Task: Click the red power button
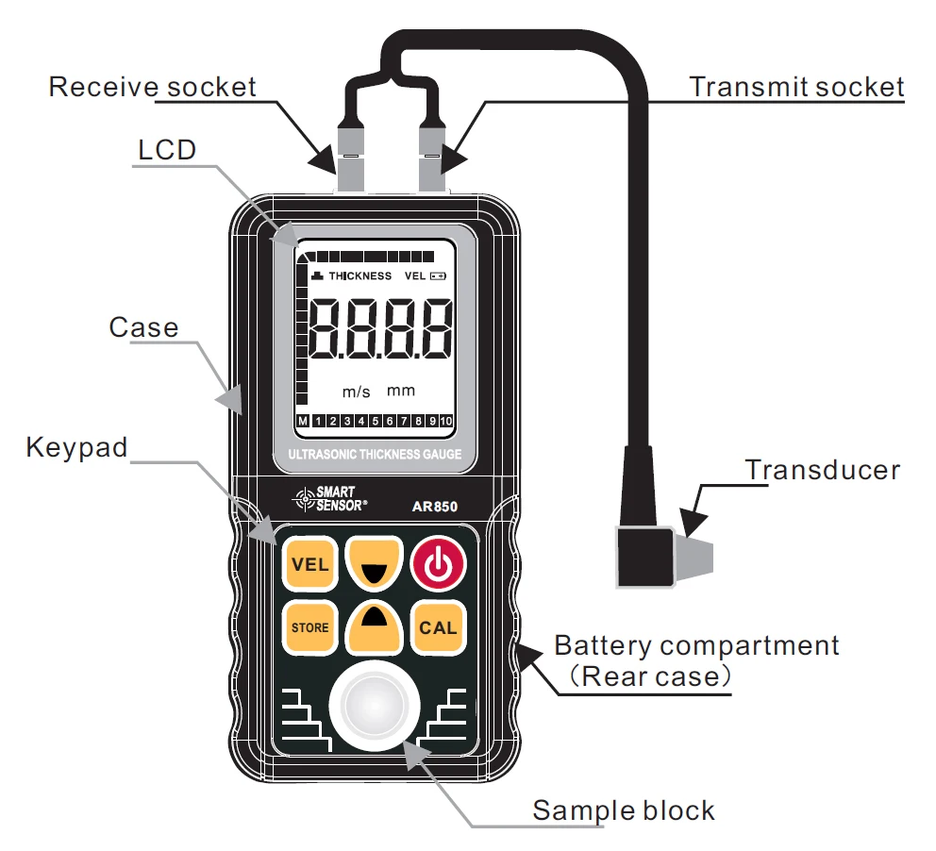(x=438, y=565)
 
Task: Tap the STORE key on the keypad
(x=309, y=627)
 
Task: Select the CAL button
(x=438, y=627)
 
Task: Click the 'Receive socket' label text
(x=152, y=88)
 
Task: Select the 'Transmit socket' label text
(x=796, y=88)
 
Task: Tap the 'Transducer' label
(x=822, y=469)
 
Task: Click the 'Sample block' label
(x=624, y=810)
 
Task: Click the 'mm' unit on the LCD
(x=401, y=391)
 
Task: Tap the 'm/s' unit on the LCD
(x=356, y=392)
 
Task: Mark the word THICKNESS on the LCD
(x=359, y=275)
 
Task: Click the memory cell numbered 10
(x=446, y=421)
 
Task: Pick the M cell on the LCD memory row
(x=303, y=421)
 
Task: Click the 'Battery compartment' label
(x=696, y=646)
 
